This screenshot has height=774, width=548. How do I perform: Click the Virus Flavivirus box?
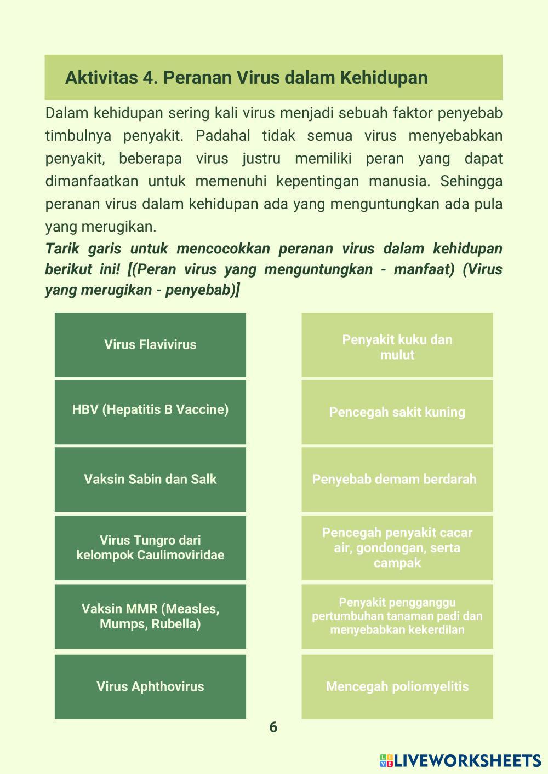click(150, 345)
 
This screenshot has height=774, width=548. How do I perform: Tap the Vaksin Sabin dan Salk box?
click(150, 480)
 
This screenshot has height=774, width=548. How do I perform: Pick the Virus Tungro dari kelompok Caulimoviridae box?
click(150, 547)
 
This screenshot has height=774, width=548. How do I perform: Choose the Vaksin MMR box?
click(150, 616)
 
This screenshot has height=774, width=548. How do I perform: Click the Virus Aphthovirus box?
click(150, 686)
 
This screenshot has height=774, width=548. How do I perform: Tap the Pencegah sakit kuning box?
click(397, 412)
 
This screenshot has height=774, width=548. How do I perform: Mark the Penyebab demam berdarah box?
click(397, 480)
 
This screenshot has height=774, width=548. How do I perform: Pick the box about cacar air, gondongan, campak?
click(397, 547)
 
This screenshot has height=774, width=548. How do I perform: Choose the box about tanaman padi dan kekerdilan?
click(397, 616)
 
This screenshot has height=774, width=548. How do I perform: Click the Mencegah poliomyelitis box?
click(397, 686)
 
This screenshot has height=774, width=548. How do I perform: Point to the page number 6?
click(273, 727)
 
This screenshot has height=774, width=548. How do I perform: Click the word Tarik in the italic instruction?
click(61, 249)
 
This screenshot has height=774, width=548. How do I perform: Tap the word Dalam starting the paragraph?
click(66, 113)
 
